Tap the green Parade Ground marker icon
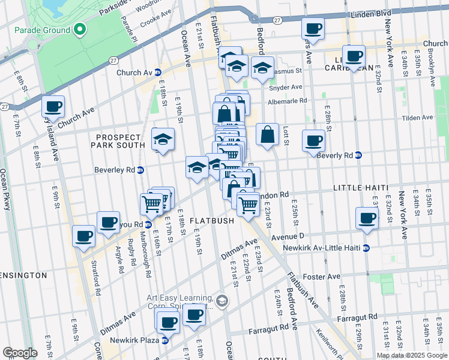click(x=79, y=29)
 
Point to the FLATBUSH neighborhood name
click(x=212, y=221)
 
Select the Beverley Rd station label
click(x=115, y=170)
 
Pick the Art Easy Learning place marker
click(x=222, y=300)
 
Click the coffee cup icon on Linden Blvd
click(x=313, y=28)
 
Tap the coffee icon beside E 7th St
click(x=53, y=107)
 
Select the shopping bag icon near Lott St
click(x=267, y=134)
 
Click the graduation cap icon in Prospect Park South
click(x=163, y=139)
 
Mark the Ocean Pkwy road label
click(x=5, y=188)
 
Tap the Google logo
click(x=20, y=353)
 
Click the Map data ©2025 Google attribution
click(x=411, y=355)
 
